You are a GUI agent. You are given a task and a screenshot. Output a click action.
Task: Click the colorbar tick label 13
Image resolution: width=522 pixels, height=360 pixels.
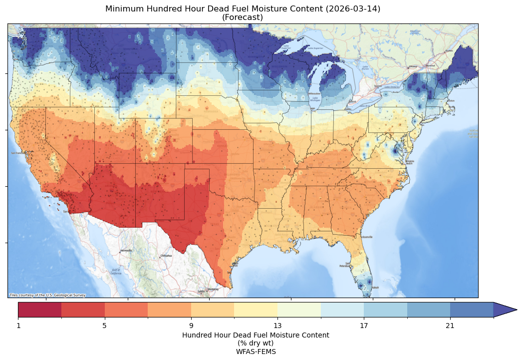tap(277, 326)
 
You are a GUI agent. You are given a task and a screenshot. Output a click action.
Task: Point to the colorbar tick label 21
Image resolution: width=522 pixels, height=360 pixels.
tap(450, 326)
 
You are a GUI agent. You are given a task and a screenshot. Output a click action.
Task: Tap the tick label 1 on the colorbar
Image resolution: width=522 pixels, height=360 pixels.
tap(18, 326)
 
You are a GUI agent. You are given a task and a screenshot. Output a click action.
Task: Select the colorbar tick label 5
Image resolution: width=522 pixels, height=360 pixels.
tap(105, 326)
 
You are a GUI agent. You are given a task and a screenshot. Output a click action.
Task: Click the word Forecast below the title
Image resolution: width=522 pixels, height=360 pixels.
tap(243, 17)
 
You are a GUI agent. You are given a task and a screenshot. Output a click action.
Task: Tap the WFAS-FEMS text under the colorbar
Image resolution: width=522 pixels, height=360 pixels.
tap(256, 351)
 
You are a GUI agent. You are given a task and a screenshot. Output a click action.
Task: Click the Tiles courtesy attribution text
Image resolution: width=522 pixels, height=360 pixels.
tap(47, 295)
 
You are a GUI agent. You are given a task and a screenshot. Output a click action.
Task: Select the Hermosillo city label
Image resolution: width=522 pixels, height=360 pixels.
tap(126, 250)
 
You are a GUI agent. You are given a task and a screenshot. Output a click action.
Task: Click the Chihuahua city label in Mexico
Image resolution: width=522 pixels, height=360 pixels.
tap(166, 256)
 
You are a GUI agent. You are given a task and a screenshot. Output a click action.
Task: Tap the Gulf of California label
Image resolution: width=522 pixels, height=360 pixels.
tap(115, 272)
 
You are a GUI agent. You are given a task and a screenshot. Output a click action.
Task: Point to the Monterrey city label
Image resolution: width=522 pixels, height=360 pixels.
tap(213, 289)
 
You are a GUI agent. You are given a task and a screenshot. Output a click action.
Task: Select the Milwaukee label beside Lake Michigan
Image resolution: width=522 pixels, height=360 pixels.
tap(314, 93)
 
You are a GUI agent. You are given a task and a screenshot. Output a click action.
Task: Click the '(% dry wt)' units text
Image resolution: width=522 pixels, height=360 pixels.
tap(256, 343)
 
